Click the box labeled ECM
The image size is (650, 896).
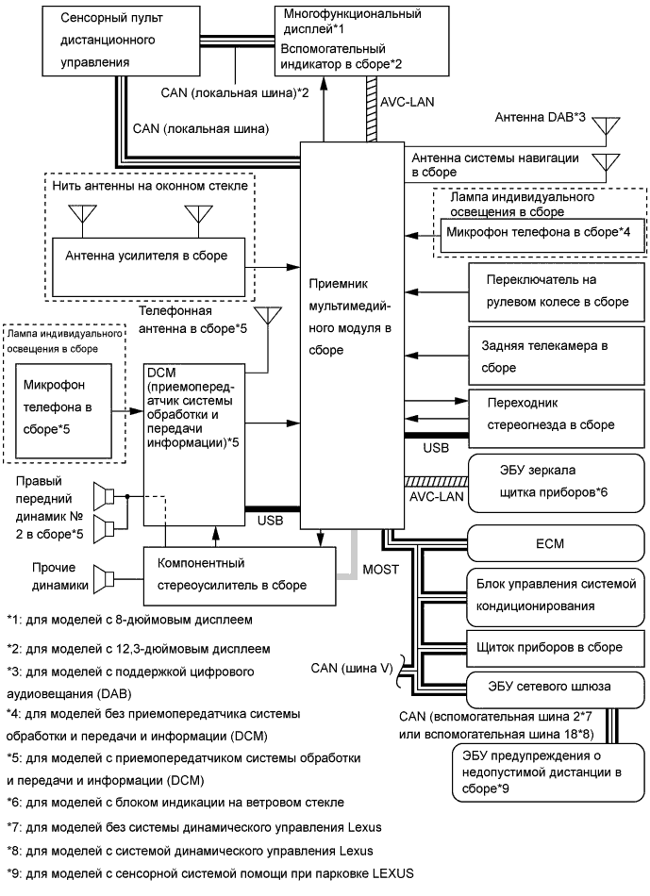point(557,545)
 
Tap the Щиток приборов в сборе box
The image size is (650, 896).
point(557,647)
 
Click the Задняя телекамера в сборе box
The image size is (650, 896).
point(557,356)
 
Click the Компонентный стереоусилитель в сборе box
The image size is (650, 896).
point(240,573)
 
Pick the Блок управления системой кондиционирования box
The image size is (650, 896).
point(557,594)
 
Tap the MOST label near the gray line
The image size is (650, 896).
point(381,568)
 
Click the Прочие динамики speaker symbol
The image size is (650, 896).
point(108,577)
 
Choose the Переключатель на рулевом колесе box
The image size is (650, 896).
point(557,291)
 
